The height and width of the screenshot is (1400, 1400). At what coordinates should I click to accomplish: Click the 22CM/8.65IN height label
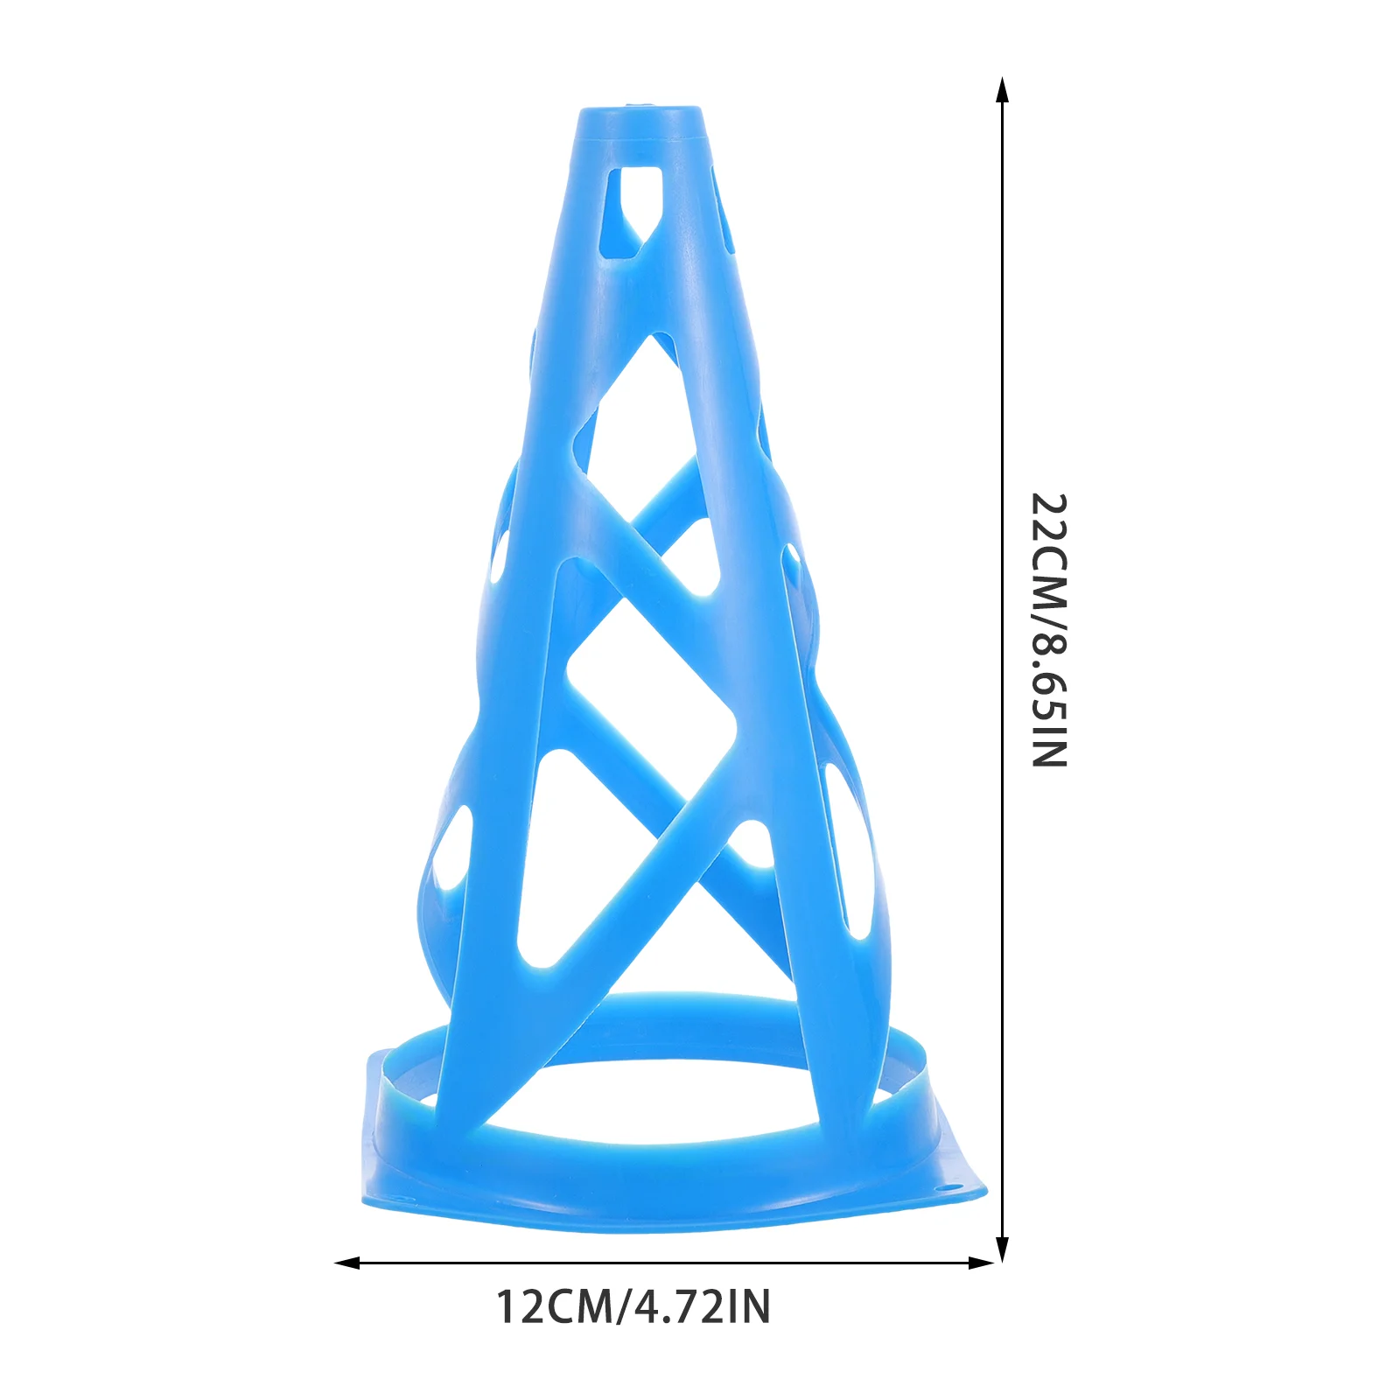1049,631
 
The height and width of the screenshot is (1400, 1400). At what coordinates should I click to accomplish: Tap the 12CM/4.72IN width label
633,1307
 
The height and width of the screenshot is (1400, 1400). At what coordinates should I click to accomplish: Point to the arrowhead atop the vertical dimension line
1003,89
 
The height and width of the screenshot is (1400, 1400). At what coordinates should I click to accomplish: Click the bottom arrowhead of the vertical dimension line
1003,1249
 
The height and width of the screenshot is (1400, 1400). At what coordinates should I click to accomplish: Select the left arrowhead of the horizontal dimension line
347,1263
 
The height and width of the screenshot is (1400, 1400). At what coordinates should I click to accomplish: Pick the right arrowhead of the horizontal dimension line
982,1263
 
